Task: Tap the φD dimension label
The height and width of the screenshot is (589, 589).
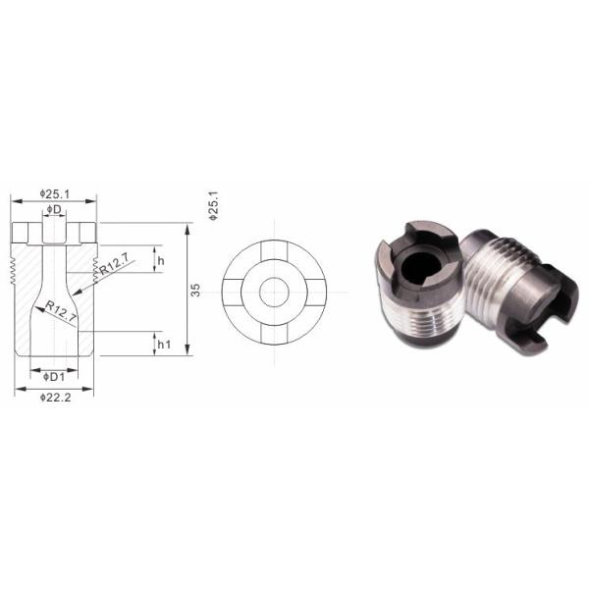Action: pos(54,211)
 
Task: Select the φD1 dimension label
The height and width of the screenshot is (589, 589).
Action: pos(54,375)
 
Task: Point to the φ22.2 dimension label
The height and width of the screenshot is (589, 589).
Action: pos(54,396)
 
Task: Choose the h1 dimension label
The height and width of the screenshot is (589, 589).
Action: pos(163,345)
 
